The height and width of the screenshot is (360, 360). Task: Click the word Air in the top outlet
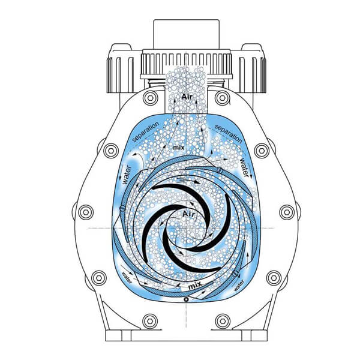pos(187,97)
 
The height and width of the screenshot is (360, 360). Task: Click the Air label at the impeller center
pos(188,214)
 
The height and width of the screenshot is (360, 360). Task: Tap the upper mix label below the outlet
pos(179,148)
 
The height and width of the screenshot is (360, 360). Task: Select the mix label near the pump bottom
pos(195,286)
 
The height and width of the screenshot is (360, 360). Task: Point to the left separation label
pos(146,131)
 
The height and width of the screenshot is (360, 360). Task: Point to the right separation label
pos(228,134)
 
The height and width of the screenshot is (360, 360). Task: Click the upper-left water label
pos(127,175)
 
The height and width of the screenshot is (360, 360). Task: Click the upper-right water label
pos(245,167)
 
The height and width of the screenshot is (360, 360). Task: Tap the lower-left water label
pos(127,278)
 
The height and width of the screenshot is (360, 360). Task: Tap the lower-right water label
pos(239,286)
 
